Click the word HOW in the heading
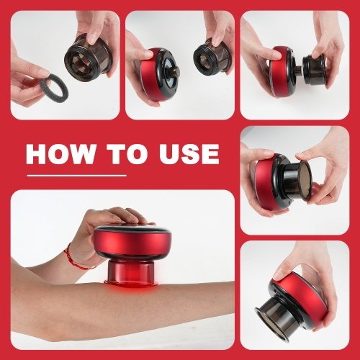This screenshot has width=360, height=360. [x=62, y=154]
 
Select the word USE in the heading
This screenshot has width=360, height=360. [x=189, y=154]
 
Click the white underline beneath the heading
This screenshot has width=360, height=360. [x=76, y=176]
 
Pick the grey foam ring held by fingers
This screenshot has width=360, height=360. [x=54, y=86]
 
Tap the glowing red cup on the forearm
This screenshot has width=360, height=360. [x=131, y=274]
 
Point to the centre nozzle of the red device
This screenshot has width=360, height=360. [x=175, y=71]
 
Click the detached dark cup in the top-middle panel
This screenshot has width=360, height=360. [x=212, y=57]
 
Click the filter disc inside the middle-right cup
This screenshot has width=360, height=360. [x=305, y=181]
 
